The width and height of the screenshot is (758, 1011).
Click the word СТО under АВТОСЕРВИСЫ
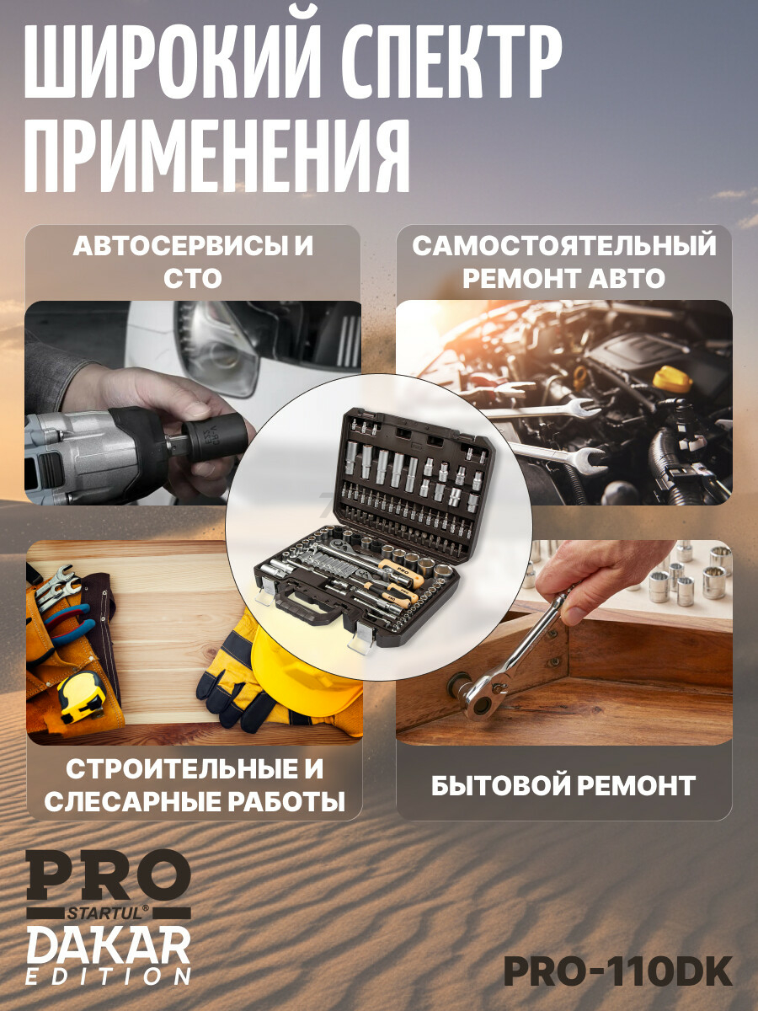193,278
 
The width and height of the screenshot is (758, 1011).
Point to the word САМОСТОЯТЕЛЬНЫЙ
564,246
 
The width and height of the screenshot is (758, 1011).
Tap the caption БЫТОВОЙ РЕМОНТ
563,786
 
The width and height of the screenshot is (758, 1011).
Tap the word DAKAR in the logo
109,944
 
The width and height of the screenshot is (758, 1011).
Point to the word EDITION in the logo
109,977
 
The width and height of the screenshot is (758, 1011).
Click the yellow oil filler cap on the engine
671,380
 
